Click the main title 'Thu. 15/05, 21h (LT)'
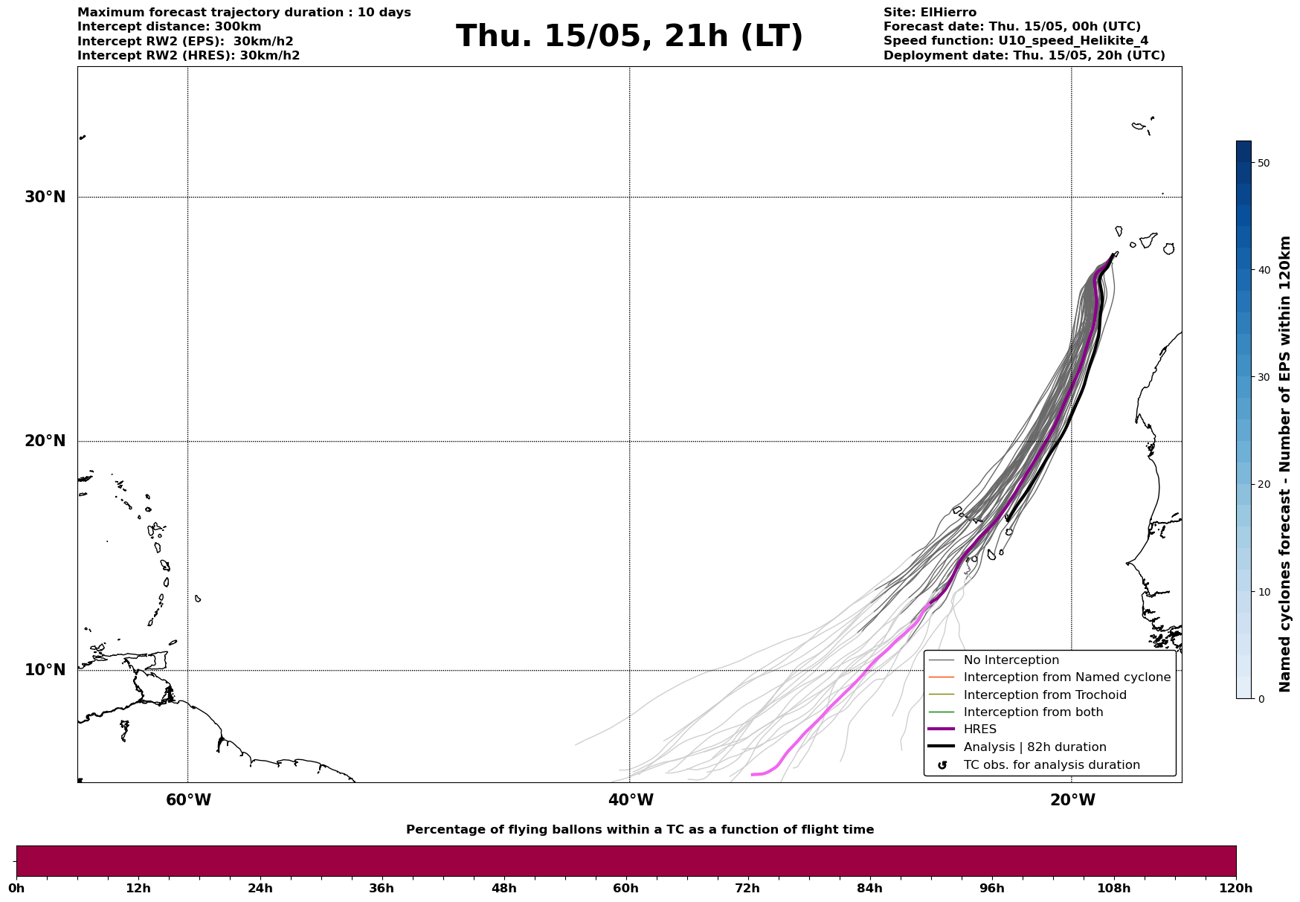coord(629,36)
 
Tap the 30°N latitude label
coord(45,197)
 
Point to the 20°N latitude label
coord(45,441)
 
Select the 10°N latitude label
coord(45,670)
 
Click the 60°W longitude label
coord(188,800)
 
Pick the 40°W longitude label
coord(631,800)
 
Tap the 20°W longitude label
coord(1072,800)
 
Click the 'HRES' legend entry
coord(979,729)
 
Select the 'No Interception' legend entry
coord(1011,660)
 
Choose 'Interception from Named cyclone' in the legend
coord(1066,677)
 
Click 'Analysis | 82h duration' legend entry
coord(1034,747)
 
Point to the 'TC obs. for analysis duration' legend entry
coord(1051,765)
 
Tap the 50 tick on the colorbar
coord(1264,163)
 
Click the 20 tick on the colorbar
coord(1264,485)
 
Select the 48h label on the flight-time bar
coord(503,888)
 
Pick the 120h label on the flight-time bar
coord(1236,888)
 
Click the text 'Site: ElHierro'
coord(930,13)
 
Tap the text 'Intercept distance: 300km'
coord(170,27)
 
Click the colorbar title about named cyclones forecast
coord(1285,464)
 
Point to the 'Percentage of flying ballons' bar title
coord(640,830)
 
